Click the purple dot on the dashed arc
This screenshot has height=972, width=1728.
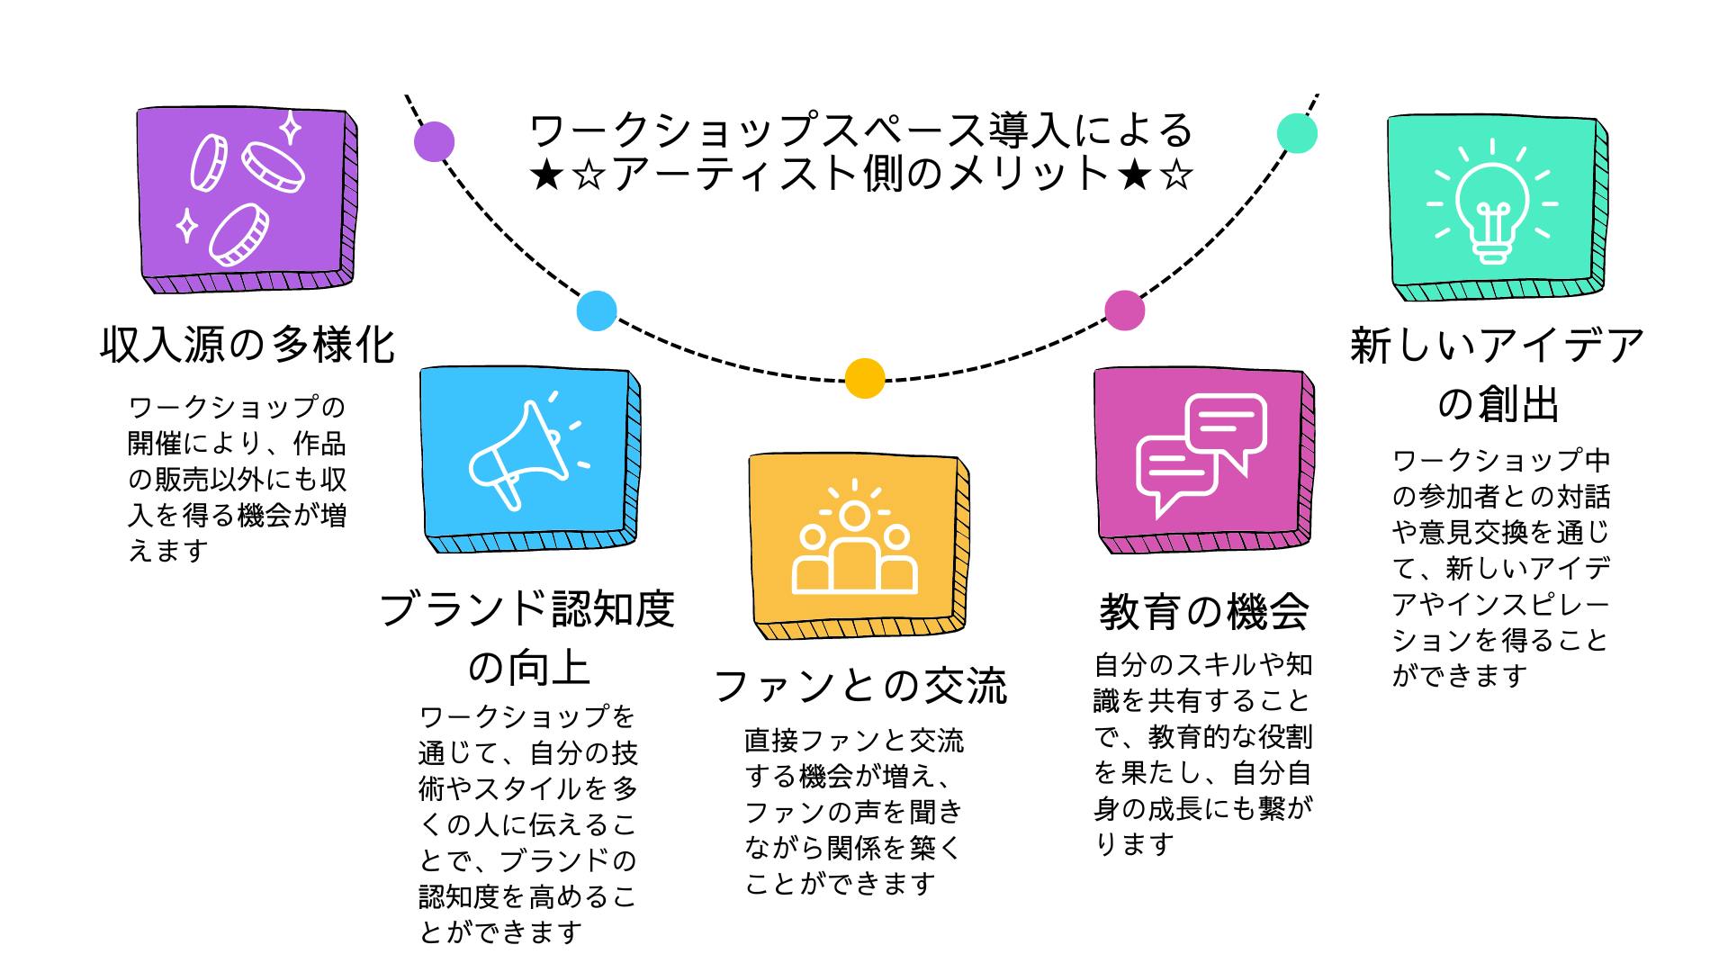tap(434, 141)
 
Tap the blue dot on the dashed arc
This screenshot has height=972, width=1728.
tap(597, 310)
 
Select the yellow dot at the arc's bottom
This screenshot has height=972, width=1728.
tap(864, 378)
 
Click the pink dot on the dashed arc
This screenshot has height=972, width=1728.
tap(1124, 310)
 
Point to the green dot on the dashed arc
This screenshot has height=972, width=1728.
tap(1297, 133)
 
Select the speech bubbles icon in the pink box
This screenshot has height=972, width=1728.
tap(1201, 455)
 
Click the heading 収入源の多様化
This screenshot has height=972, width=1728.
tap(247, 345)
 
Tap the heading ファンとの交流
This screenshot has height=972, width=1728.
tap(860, 686)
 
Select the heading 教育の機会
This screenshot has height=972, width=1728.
tap(1203, 613)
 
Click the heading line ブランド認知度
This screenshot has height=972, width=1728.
tap(527, 609)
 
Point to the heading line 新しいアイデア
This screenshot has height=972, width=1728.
tap(1498, 346)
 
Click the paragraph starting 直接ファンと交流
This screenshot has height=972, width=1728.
tap(853, 813)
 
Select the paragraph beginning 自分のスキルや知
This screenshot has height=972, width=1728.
tap(1203, 754)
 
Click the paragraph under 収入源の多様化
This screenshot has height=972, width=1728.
tap(238, 479)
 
